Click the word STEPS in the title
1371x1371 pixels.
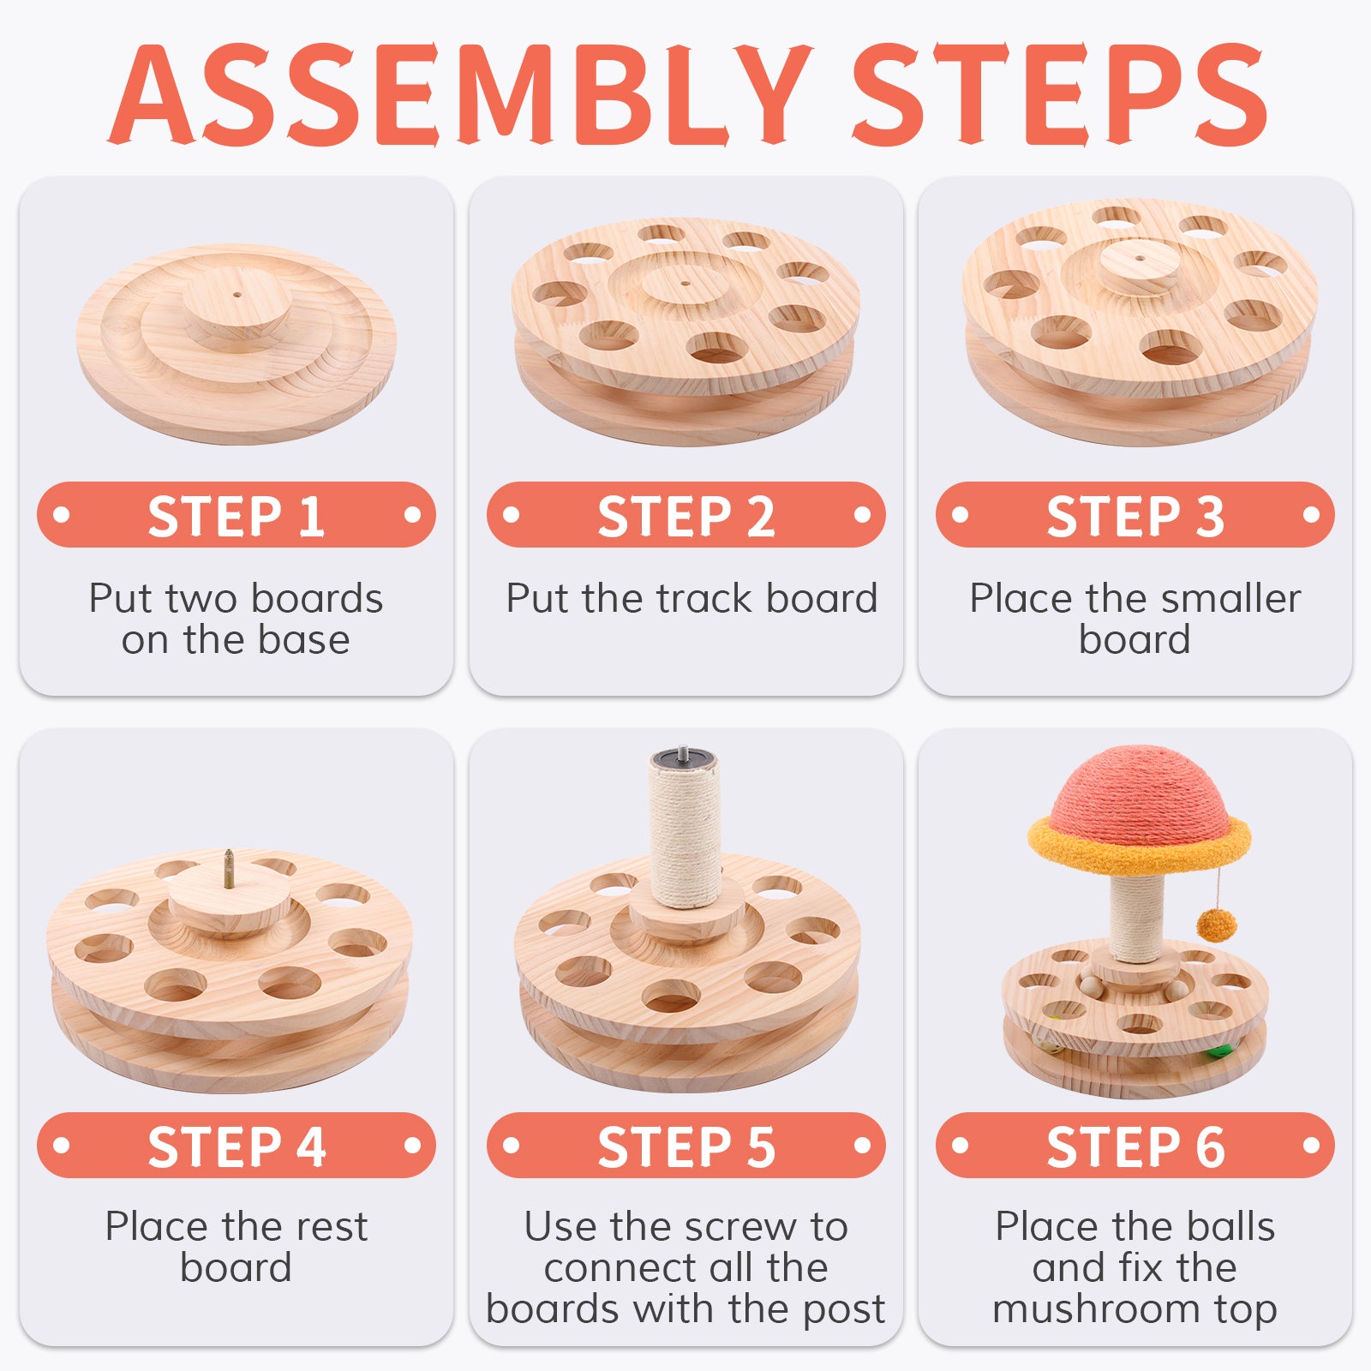tap(1059, 93)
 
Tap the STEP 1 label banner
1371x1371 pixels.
tap(236, 515)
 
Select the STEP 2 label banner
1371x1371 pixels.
tap(685, 515)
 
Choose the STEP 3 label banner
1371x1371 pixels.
tap(1135, 515)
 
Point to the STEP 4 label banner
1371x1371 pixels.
tap(236, 1146)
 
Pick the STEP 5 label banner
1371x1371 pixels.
tap(685, 1146)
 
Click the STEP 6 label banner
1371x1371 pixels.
tap(1135, 1146)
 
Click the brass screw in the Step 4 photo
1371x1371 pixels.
tap(229, 869)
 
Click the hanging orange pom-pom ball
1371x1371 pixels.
tap(1217, 925)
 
